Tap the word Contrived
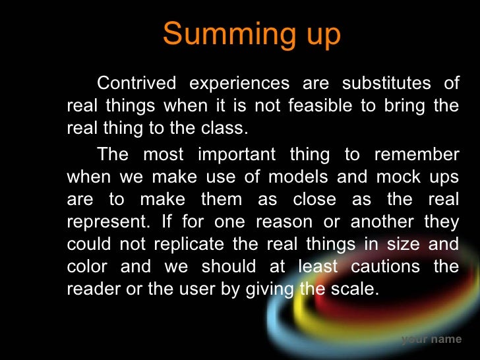click(x=136, y=84)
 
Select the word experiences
click(x=239, y=84)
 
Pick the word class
click(x=233, y=128)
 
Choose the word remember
click(x=417, y=156)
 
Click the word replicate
click(x=190, y=244)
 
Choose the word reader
click(x=90, y=289)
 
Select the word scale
click(x=358, y=289)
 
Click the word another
click(x=379, y=222)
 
